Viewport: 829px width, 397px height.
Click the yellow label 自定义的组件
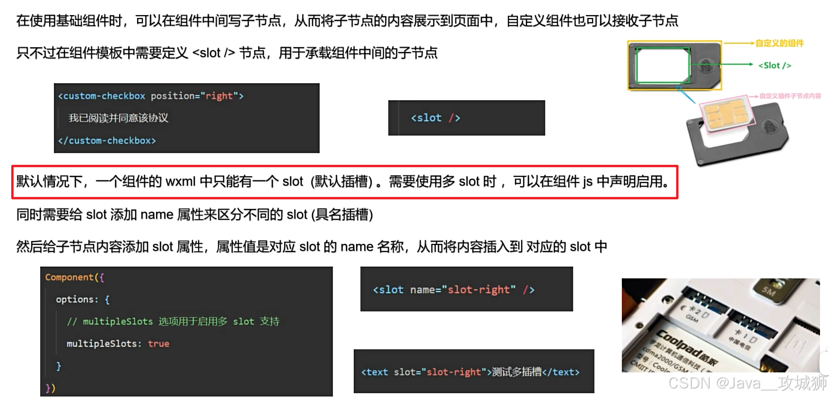click(779, 43)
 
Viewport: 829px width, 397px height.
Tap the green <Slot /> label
click(775, 66)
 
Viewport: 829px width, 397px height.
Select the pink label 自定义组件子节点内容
click(790, 96)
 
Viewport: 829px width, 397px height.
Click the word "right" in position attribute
click(219, 96)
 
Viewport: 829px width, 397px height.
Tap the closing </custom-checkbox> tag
click(107, 140)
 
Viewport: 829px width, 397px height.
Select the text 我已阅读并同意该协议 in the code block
click(118, 118)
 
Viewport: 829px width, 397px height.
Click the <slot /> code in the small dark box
click(435, 118)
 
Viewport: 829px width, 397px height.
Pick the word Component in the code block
click(70, 277)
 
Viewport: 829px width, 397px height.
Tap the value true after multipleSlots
click(158, 344)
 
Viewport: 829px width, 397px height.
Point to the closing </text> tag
click(561, 372)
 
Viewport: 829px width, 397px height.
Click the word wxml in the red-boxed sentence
click(181, 181)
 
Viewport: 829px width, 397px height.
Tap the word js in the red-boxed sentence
click(587, 181)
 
